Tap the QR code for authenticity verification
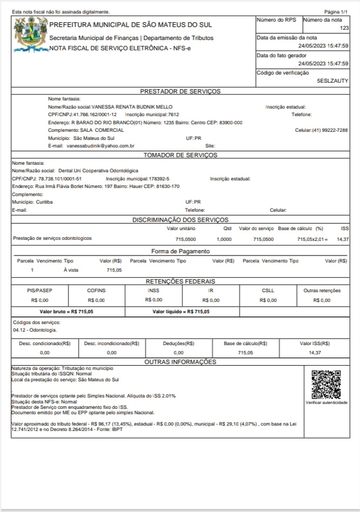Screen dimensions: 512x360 click(327, 384)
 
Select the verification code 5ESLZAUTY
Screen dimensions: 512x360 click(332, 80)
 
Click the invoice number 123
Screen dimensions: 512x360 click(344, 28)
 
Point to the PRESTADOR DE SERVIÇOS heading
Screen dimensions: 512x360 click(180, 91)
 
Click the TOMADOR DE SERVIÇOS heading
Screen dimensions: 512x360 click(180, 155)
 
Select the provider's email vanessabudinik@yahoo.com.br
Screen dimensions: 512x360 click(100, 146)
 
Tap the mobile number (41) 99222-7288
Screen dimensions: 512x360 click(329, 130)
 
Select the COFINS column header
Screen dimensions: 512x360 click(96, 290)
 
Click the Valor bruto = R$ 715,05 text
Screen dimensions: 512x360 click(66, 312)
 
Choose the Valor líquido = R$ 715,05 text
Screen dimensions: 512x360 click(181, 312)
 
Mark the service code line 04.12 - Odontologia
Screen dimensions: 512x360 click(35, 329)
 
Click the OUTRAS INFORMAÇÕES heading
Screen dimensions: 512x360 click(180, 361)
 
